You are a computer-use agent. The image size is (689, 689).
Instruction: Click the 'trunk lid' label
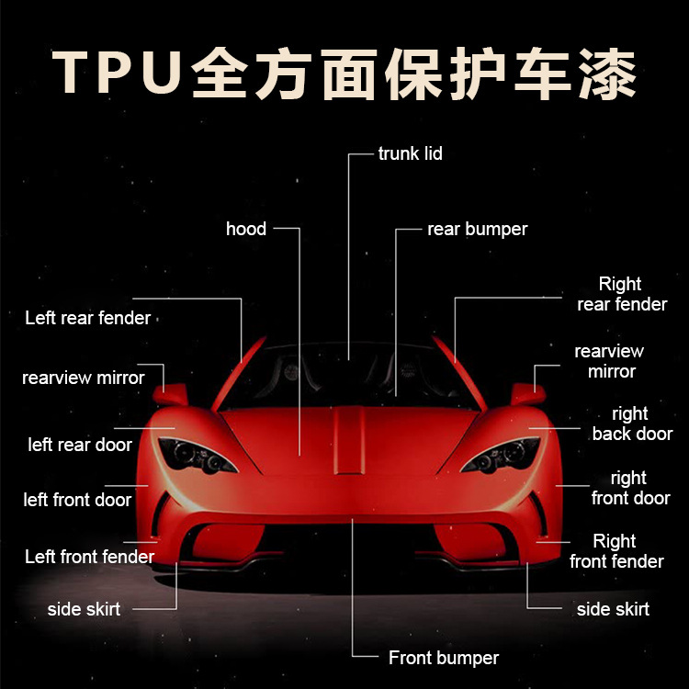(x=410, y=153)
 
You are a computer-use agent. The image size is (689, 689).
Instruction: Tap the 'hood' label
(x=246, y=229)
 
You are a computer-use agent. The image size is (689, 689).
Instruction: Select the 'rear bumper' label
(x=478, y=229)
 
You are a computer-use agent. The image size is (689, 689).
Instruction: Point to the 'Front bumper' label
(x=443, y=658)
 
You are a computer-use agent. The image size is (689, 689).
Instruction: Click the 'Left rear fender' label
(x=88, y=318)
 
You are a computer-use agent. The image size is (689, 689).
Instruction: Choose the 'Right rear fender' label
(x=621, y=294)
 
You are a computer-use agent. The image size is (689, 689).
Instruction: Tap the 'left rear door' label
(x=80, y=445)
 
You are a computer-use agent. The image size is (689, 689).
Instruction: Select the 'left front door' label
(x=77, y=500)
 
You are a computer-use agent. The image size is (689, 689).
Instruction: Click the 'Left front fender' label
(x=89, y=556)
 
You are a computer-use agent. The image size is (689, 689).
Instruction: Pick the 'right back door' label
(x=631, y=424)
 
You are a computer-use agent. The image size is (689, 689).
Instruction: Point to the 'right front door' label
(x=630, y=488)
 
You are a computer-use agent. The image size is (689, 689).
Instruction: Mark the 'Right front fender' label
(x=616, y=551)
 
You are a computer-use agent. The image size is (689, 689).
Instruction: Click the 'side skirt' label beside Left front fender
(x=84, y=609)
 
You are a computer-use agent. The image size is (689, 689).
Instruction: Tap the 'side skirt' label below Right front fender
(x=613, y=609)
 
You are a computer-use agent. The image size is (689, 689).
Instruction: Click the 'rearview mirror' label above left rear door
(x=84, y=378)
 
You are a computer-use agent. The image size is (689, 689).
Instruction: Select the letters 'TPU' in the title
(x=115, y=73)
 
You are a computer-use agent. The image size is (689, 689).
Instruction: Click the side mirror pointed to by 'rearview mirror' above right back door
(x=525, y=394)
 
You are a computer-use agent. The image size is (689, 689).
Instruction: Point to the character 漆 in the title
(x=600, y=73)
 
